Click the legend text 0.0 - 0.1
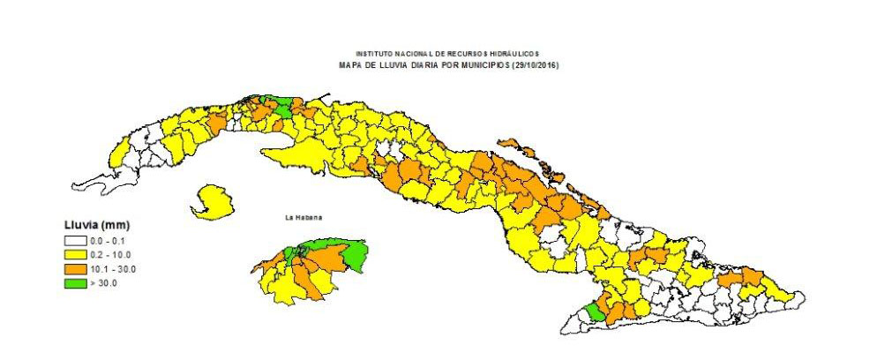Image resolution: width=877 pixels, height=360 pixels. (x=106, y=240)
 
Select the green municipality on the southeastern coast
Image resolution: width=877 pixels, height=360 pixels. (x=596, y=312)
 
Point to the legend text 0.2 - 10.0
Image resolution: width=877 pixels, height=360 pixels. (x=108, y=254)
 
